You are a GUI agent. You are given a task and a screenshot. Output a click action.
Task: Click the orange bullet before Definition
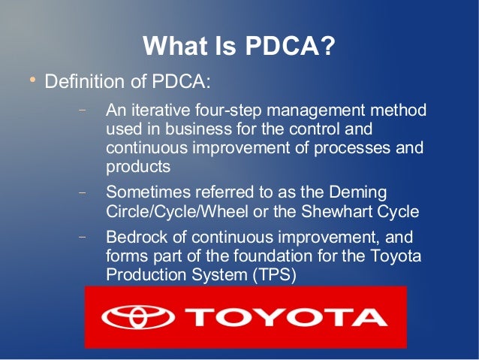pos(32,79)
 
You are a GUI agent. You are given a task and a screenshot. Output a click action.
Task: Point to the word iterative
pos(157,110)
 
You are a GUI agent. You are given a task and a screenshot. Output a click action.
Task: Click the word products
pos(137,166)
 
